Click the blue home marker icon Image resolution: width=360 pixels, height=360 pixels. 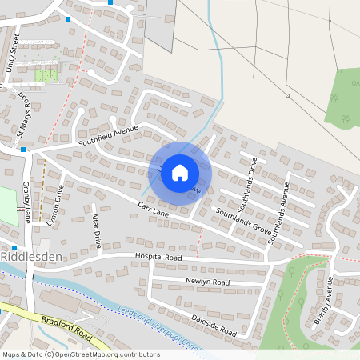pyautogui.click(x=180, y=172)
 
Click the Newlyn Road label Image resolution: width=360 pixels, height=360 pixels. pyautogui.click(x=207, y=282)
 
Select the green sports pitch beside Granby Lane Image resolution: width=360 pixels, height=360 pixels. pyautogui.click(x=8, y=205)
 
